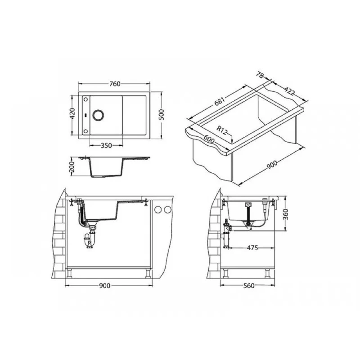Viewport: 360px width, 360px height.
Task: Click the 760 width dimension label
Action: [x=115, y=84]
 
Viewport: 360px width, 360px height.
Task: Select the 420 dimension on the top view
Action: [x=72, y=114]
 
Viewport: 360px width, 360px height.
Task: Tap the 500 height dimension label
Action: [x=162, y=115]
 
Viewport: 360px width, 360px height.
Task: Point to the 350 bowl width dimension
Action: [x=106, y=145]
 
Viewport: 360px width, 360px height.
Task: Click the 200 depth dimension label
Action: [x=72, y=166]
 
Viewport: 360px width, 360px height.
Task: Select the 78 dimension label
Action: [x=260, y=75]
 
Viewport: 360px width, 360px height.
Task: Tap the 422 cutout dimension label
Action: [x=289, y=91]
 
